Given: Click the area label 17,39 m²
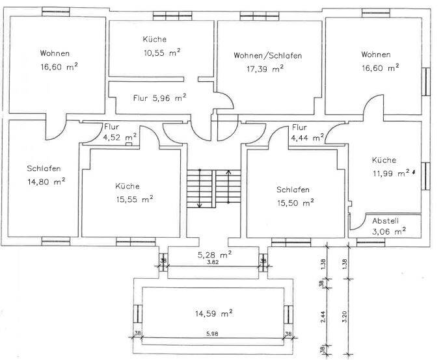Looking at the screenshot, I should click(265, 68).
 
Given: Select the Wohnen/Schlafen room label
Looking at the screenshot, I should click(267, 56).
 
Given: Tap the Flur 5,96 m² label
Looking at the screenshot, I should click(160, 98).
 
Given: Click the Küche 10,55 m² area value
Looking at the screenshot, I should click(162, 53).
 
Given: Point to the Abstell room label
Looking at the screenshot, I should click(385, 219).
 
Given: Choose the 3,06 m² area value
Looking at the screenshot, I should click(389, 230).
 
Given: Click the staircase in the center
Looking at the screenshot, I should click(209, 188).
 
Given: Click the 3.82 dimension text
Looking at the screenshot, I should click(213, 262).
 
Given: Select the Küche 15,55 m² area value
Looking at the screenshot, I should click(135, 199).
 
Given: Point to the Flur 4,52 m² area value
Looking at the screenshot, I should click(120, 137).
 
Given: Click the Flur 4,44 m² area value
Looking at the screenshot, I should click(308, 138).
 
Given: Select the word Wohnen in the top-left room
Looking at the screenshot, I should click(54, 54).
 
